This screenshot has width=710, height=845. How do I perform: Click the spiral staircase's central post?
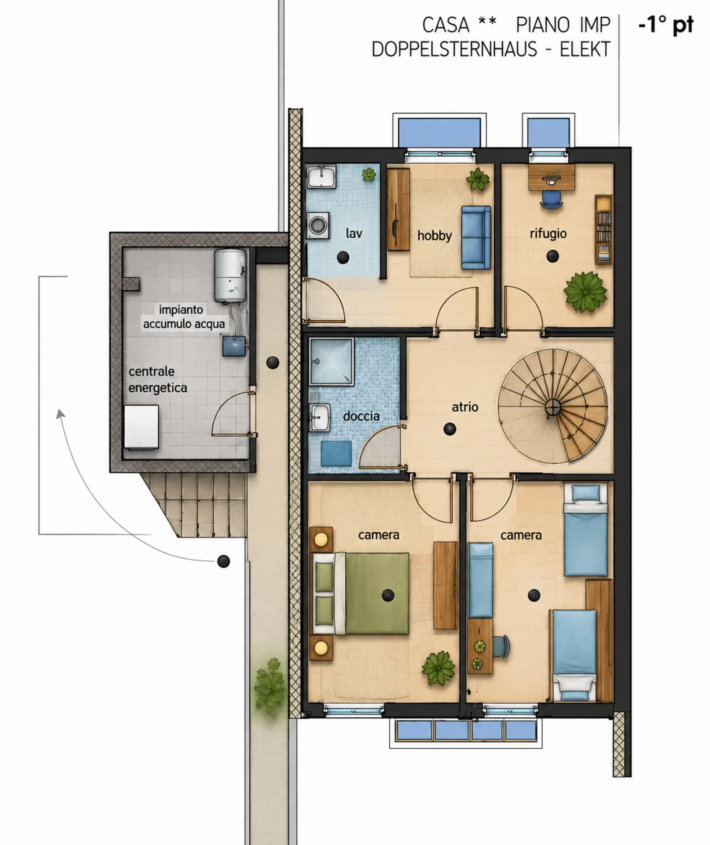[x=552, y=408]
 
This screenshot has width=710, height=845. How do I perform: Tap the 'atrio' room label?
[x=465, y=407]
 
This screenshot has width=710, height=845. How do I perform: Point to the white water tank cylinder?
[x=230, y=275]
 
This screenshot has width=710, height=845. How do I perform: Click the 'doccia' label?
[x=361, y=416]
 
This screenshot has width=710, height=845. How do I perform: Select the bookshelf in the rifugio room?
[x=603, y=229]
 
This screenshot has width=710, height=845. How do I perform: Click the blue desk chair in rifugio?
[x=551, y=199]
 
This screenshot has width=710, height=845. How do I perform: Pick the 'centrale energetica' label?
[x=158, y=379]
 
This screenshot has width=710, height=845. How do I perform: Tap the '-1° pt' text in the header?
[x=666, y=25]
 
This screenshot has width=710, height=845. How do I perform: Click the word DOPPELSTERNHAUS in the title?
[x=454, y=50]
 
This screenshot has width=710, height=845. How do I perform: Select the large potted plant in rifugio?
[x=585, y=292]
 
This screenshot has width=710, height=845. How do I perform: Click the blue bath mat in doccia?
[x=336, y=453]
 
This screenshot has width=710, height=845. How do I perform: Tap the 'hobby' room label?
[x=435, y=235]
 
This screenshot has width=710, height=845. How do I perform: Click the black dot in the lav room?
[x=343, y=257]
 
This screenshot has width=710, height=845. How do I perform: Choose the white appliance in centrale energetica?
[x=141, y=427]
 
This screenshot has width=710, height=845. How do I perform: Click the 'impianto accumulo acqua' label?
[x=184, y=317]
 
